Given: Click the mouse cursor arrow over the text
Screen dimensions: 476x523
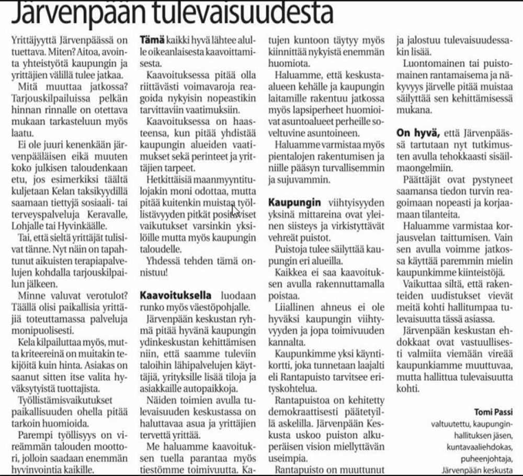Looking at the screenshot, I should point(235,210).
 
